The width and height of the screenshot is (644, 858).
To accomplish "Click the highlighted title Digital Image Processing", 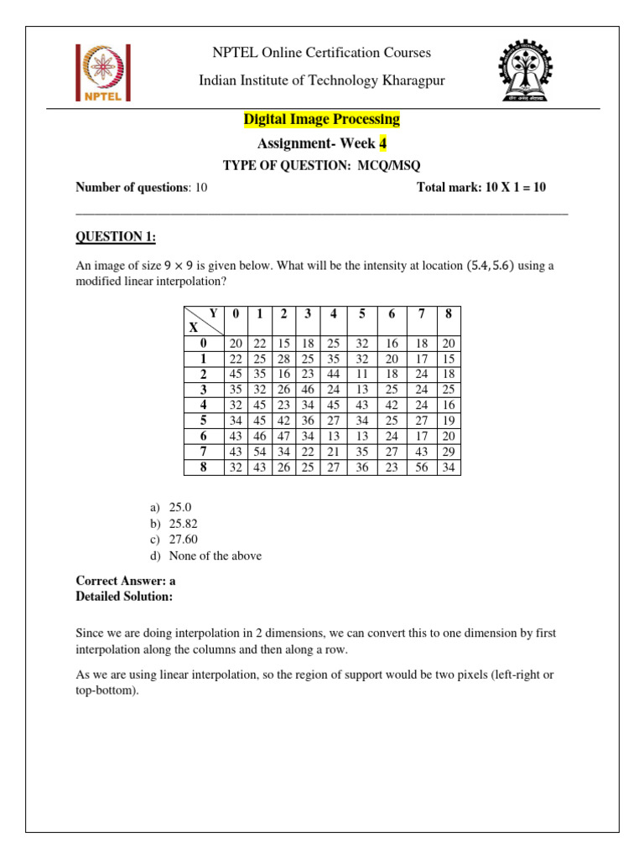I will (x=321, y=120).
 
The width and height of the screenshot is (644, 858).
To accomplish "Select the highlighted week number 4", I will (x=383, y=143).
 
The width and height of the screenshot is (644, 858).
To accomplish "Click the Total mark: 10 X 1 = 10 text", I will (x=480, y=188).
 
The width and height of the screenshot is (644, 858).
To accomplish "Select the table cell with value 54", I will (x=260, y=452).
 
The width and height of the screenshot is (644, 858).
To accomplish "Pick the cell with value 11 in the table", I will (x=362, y=374).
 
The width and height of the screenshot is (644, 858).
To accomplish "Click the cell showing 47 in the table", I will (x=284, y=436).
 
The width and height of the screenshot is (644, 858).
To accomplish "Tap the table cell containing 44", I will (x=334, y=374).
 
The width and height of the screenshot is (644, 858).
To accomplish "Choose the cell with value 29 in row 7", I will (x=448, y=452).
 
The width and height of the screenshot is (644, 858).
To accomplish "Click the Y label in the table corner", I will (x=213, y=313).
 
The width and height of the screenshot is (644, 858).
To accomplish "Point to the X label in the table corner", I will (x=194, y=328).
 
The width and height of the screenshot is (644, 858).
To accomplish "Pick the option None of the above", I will (x=214, y=556).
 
